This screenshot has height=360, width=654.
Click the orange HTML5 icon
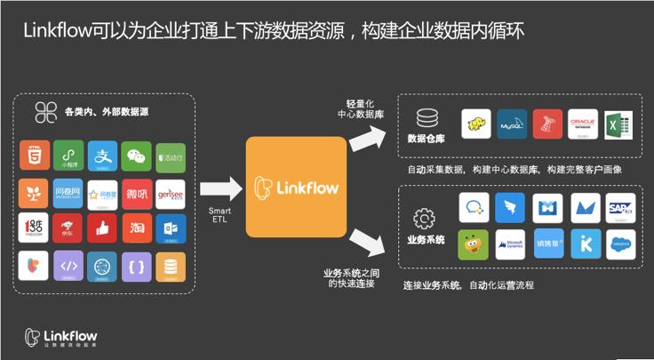34,156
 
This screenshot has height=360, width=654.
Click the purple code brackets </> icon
68,265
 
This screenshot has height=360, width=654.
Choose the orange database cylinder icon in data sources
170,265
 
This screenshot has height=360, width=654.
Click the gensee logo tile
170,192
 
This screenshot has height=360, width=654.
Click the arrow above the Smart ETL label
221,188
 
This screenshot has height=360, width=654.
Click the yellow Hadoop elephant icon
476,124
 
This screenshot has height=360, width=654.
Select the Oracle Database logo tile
583,124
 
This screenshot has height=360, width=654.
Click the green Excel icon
617,124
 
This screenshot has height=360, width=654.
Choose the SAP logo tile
620,208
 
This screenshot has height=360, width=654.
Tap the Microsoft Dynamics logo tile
510,244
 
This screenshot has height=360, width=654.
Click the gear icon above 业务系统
424,217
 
